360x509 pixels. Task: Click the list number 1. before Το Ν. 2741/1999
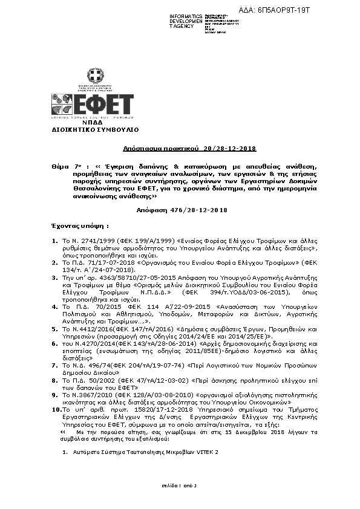(54, 241)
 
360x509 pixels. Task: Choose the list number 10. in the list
(55, 409)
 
